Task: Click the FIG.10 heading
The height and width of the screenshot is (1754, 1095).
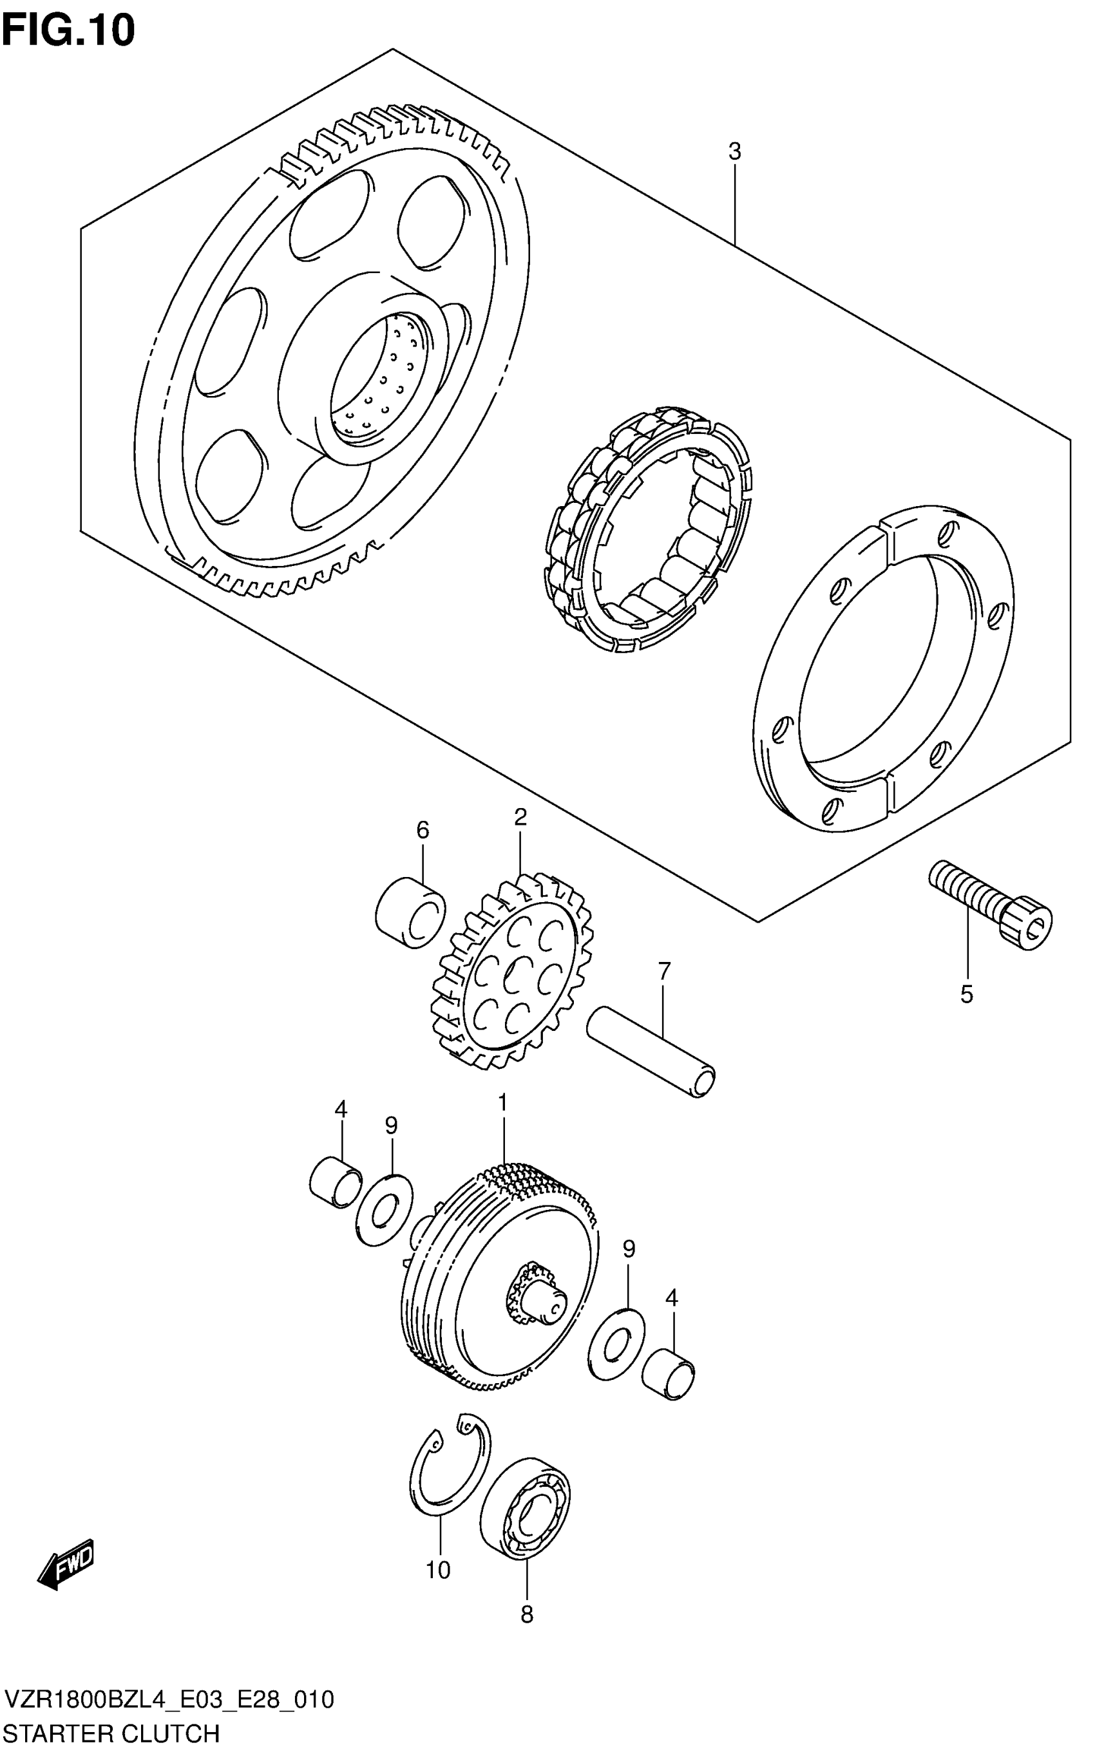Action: [68, 30]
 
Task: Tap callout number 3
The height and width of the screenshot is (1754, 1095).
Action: [734, 152]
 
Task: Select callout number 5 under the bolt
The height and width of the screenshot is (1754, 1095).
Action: [967, 995]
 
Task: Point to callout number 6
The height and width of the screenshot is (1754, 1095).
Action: [423, 829]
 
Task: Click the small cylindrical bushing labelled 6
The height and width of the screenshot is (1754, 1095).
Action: [410, 911]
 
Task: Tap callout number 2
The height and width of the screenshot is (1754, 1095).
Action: [520, 817]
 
